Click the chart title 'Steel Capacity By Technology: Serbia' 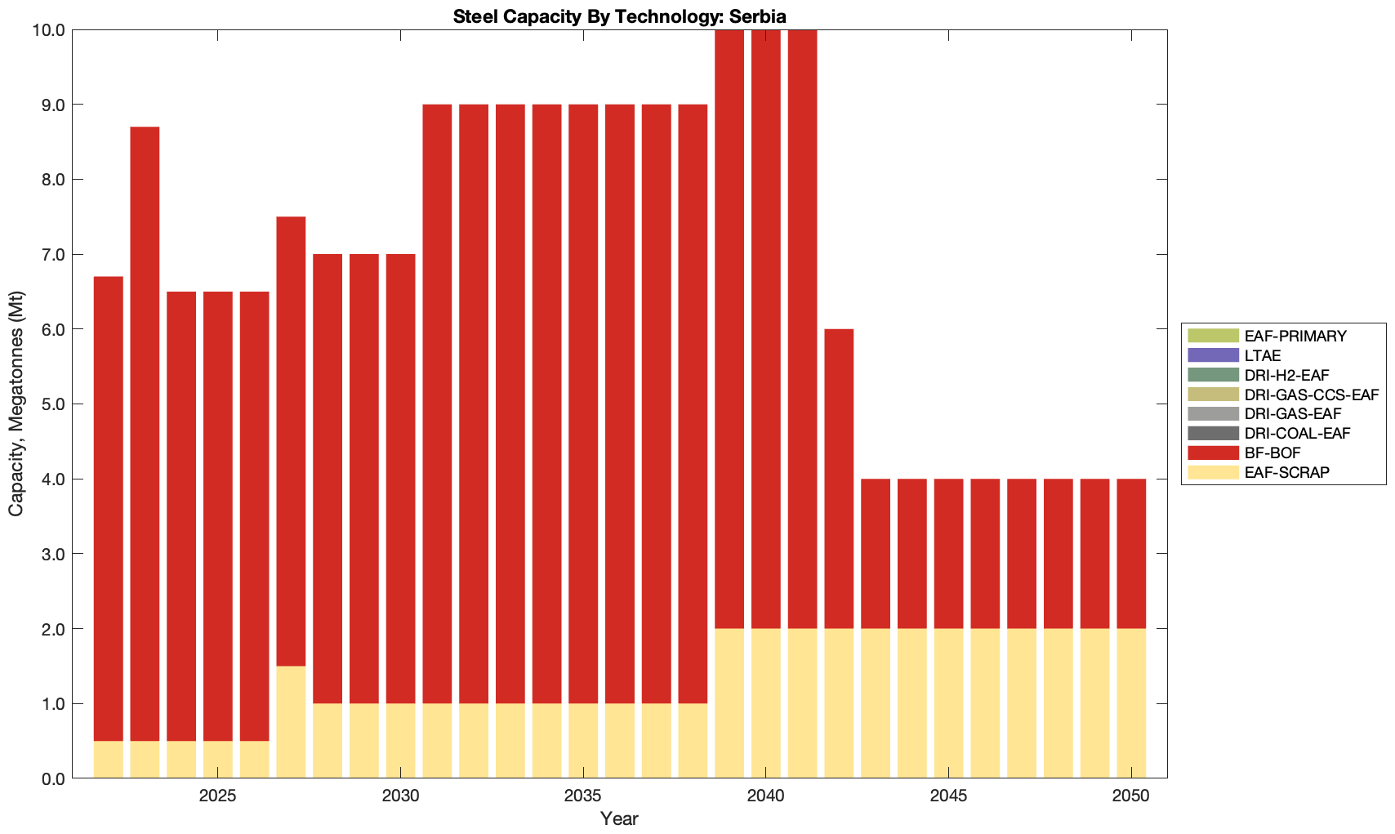(x=619, y=16)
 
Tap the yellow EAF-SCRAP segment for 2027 (x=291, y=722)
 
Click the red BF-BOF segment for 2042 (x=839, y=479)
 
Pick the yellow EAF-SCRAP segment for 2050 (x=1131, y=703)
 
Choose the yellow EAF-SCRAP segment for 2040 (x=766, y=703)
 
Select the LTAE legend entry (x=1262, y=355)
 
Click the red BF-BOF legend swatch (x=1213, y=453)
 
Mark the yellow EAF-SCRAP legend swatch (x=1213, y=472)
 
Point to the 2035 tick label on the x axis (x=583, y=796)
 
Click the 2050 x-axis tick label (x=1131, y=796)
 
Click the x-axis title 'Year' (x=619, y=818)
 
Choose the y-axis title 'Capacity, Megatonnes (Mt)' (x=16, y=404)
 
